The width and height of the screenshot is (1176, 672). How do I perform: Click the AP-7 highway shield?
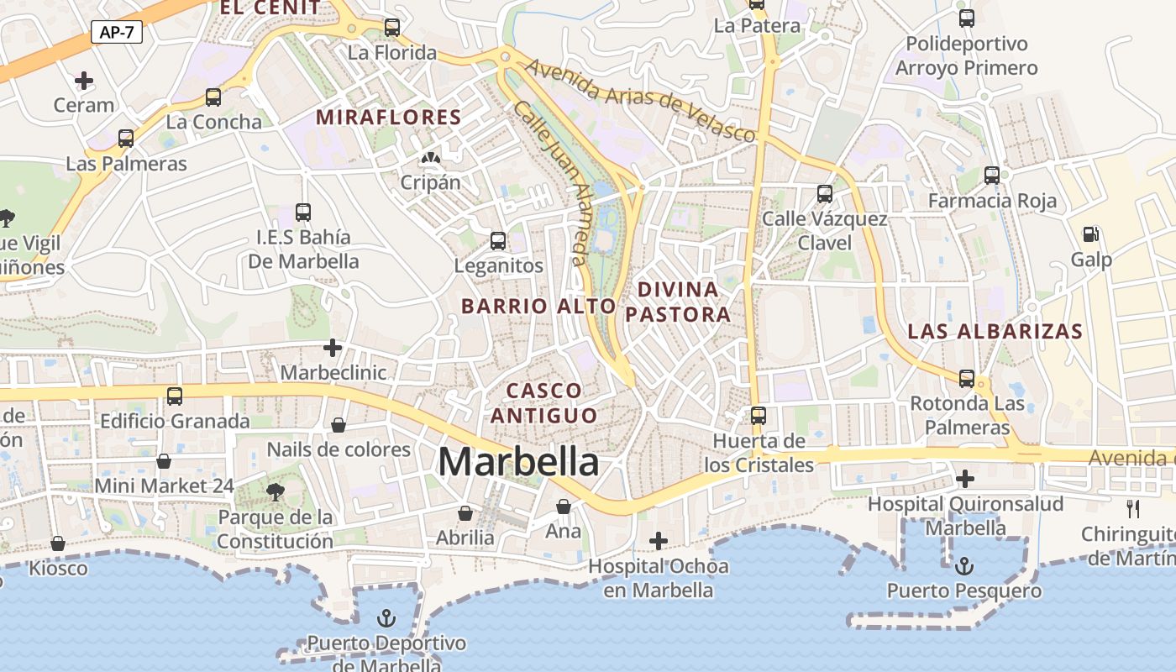coord(117,33)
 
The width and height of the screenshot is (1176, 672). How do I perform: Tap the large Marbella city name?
coord(519,461)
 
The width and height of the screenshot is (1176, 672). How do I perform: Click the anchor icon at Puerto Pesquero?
coord(963,565)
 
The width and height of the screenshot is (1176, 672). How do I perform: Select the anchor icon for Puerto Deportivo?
coord(386,619)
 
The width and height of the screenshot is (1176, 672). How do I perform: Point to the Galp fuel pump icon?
coord(1090,234)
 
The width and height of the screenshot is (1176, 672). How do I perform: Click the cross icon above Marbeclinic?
coord(333,347)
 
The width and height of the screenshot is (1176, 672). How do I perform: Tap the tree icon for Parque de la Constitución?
coord(275,492)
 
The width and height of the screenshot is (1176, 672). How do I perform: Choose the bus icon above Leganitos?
coord(498,241)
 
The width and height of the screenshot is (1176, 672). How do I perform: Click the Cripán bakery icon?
coord(430,157)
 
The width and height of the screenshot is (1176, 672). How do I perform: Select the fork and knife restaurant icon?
coord(1133,508)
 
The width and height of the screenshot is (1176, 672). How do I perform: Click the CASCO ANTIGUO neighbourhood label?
coord(544,402)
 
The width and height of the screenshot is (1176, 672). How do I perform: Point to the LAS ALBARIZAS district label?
coord(995,331)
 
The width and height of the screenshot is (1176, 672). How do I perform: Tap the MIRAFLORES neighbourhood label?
coord(389,118)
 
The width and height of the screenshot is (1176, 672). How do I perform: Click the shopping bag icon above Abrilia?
coord(465,512)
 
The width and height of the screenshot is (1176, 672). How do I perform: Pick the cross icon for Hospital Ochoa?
coord(659,540)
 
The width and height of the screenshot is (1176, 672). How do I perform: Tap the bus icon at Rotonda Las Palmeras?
coord(967,379)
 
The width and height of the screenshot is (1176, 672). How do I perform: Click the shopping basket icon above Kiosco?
coord(58,543)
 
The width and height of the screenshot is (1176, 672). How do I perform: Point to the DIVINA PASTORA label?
coord(678,302)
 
